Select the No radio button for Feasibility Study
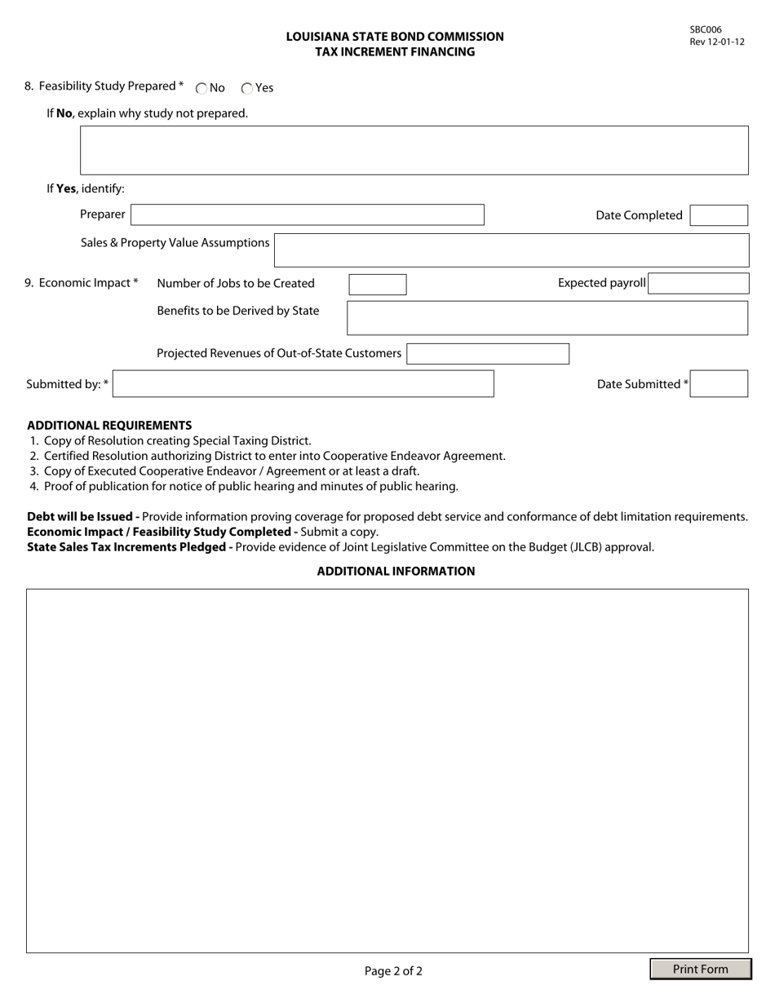pos(201,89)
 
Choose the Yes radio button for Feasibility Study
pos(247,89)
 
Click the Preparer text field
pos(307,215)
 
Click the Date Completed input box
pos(718,215)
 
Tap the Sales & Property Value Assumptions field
pos(511,250)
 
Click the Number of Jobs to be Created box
pos(377,284)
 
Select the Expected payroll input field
pos(698,284)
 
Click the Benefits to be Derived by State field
pos(547,318)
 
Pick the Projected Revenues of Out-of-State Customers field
pos(487,354)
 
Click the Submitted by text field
pos(303,384)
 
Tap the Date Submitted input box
pos(718,384)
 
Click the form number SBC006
pos(706,30)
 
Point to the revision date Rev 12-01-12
pos(716,42)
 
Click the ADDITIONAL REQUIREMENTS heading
pos(109,425)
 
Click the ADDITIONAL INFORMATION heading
pos(396,571)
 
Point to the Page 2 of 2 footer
pos(393,970)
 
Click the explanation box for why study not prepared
pos(414,150)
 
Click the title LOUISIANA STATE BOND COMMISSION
pos(395,37)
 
